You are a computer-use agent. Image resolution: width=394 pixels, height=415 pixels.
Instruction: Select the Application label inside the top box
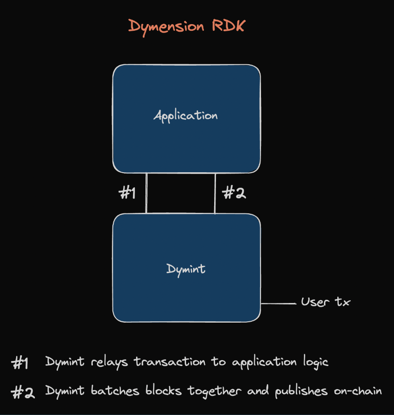[x=186, y=116]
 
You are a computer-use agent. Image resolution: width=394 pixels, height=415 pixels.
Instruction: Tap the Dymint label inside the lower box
[x=186, y=269]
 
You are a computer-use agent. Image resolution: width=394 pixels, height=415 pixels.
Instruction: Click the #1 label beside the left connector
[x=127, y=193]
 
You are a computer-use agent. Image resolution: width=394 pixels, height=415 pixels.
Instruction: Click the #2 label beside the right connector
[x=234, y=193]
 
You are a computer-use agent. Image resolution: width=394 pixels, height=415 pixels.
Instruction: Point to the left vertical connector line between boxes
[x=146, y=193]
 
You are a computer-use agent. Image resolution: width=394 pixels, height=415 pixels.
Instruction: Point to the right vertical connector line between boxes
[x=215, y=193]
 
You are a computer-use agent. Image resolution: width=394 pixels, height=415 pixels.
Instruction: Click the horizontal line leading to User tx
[x=278, y=303]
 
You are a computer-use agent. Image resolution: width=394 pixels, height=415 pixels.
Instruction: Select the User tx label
[x=326, y=302]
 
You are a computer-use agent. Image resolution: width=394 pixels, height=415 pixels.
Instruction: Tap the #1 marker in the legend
[x=21, y=363]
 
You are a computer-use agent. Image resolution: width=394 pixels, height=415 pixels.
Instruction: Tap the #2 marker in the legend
[x=23, y=392]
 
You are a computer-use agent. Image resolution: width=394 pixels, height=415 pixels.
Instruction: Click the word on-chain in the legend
[x=358, y=391]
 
